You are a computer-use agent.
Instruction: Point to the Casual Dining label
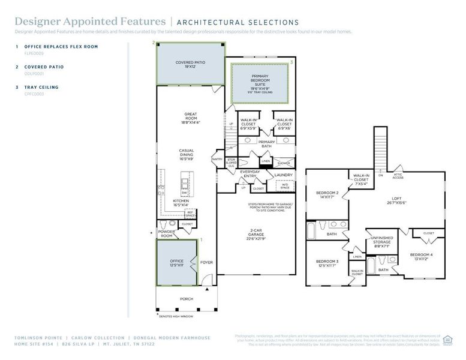click(x=190, y=152)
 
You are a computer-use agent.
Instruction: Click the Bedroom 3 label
click(x=327, y=262)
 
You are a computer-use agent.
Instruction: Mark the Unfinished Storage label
click(x=380, y=240)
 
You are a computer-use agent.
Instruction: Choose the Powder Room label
click(x=166, y=233)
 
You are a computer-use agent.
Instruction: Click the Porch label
click(x=187, y=298)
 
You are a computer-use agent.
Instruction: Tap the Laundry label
click(x=283, y=175)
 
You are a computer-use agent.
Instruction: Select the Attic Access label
click(x=398, y=176)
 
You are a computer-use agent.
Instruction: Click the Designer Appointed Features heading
click(x=90, y=22)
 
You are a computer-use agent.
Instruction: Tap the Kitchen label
click(x=181, y=202)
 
